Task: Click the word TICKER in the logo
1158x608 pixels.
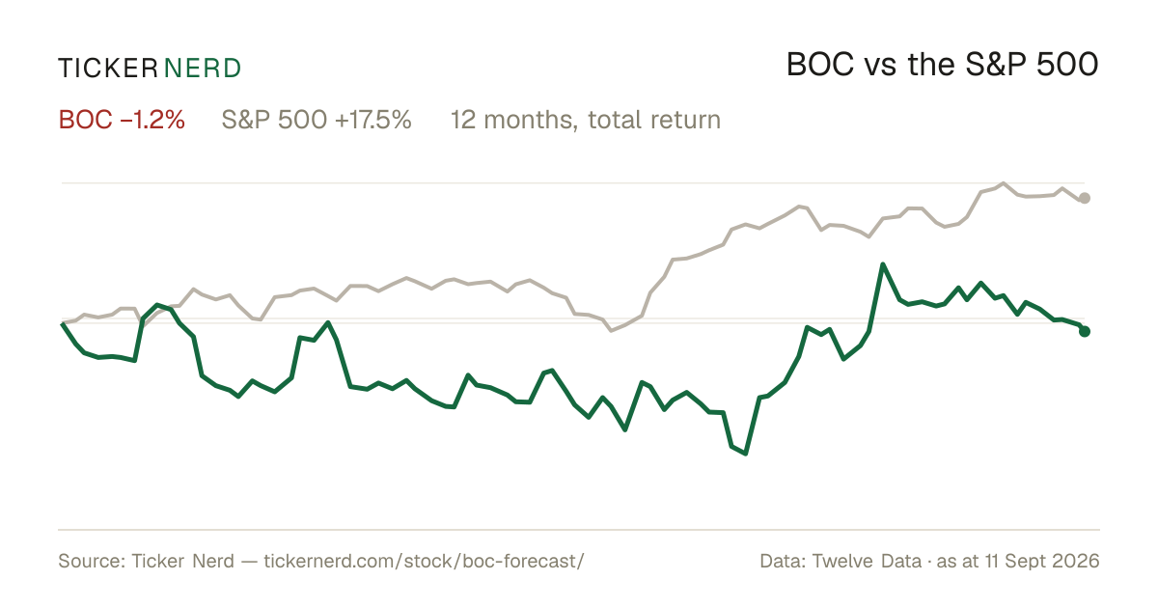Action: (x=108, y=69)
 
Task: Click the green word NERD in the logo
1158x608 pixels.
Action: (x=203, y=69)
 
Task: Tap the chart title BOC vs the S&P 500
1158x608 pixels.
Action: (x=942, y=65)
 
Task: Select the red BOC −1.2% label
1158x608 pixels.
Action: (x=122, y=120)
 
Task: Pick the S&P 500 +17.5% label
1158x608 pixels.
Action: (x=317, y=120)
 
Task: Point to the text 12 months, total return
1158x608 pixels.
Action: (x=586, y=121)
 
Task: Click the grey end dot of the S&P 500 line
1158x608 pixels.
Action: (x=1085, y=198)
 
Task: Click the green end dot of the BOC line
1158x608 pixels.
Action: (x=1085, y=331)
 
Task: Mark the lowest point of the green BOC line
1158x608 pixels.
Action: (x=745, y=454)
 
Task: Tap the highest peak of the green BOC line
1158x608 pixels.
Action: (x=883, y=264)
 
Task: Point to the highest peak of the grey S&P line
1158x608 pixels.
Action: (x=1004, y=183)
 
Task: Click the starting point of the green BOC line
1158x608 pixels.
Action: (x=62, y=323)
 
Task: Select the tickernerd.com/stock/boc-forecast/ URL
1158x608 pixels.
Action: (x=424, y=561)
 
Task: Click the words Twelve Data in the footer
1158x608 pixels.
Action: (x=867, y=561)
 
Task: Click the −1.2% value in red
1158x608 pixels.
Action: (x=152, y=120)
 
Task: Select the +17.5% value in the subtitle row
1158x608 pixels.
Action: (x=373, y=120)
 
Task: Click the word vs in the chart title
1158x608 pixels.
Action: (x=880, y=68)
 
